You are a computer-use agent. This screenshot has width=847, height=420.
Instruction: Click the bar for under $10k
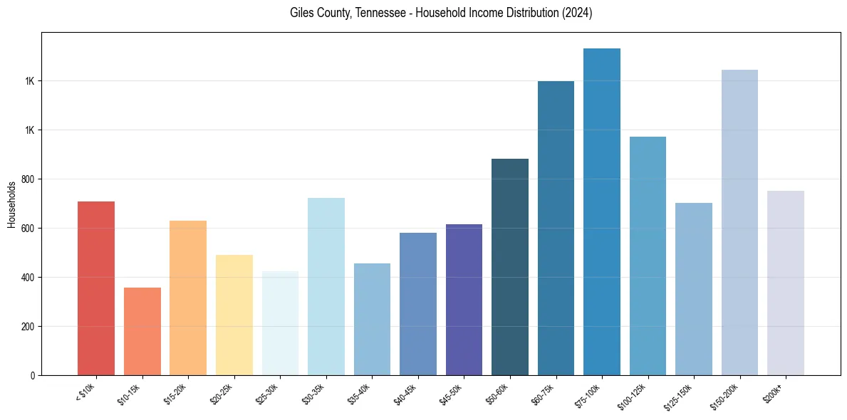click(x=96, y=288)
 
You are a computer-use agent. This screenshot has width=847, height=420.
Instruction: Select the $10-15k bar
click(x=142, y=332)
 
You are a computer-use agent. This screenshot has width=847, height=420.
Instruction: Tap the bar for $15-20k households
click(x=188, y=298)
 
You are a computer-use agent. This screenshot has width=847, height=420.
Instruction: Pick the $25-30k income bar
click(x=280, y=323)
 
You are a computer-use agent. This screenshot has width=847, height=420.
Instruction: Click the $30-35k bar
click(x=326, y=287)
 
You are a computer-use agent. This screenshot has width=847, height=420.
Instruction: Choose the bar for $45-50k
click(x=464, y=300)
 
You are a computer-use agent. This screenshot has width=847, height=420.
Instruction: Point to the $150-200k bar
click(x=739, y=223)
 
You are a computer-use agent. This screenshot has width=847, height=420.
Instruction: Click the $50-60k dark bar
click(x=510, y=267)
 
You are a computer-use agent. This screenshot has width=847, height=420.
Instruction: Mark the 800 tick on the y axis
click(x=28, y=179)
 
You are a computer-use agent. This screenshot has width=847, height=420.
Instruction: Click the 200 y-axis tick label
click(x=28, y=327)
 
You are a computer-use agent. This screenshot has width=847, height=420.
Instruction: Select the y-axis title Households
click(x=11, y=204)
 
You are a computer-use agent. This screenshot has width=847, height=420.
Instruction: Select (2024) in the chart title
click(x=578, y=13)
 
